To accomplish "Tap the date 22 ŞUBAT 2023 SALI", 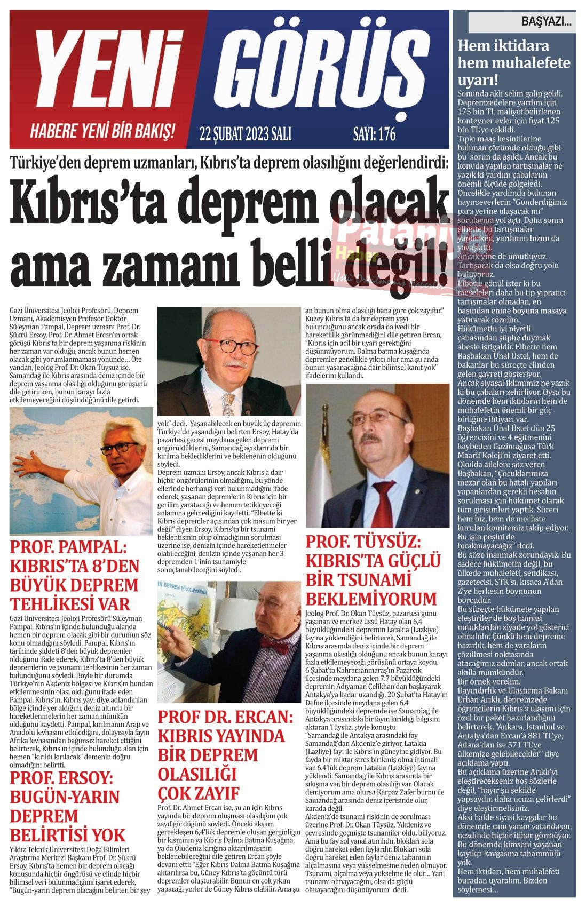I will (245, 134).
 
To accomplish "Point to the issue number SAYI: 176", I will (374, 134).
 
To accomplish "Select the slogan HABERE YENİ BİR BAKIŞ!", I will (102, 131).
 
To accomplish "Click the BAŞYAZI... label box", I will (521, 23).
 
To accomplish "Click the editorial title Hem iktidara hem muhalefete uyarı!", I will (513, 62).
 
